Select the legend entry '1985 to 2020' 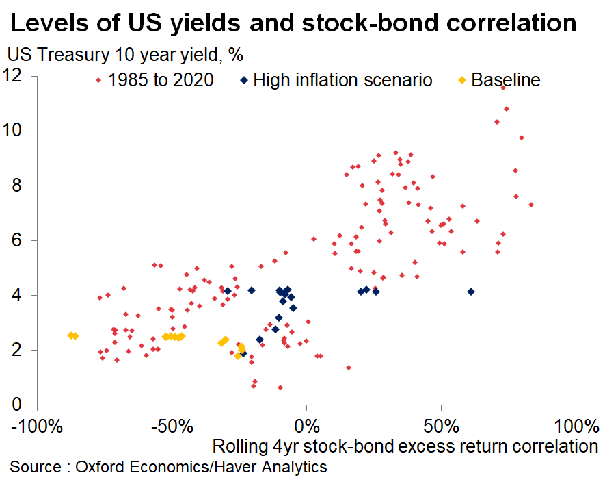[163, 80]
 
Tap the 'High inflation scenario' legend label [342, 80]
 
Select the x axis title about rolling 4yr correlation [405, 447]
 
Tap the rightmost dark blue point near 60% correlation [470, 292]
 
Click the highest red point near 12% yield [503, 88]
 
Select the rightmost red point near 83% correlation [531, 205]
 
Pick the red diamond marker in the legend [98, 80]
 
